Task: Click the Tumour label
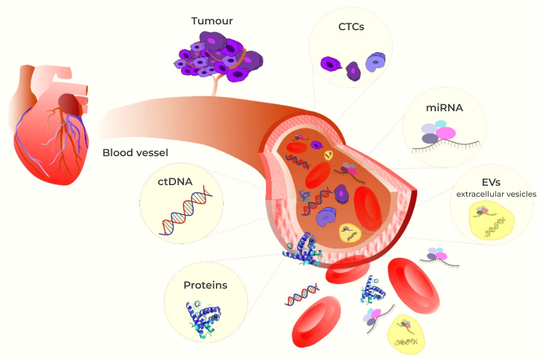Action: pos(212,21)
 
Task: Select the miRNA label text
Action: pos(445,107)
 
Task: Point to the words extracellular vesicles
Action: pos(496,194)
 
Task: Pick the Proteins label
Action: pos(205,285)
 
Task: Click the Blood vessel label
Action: pos(135,153)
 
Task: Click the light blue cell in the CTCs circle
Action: pos(375,62)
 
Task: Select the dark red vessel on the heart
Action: pos(67,102)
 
